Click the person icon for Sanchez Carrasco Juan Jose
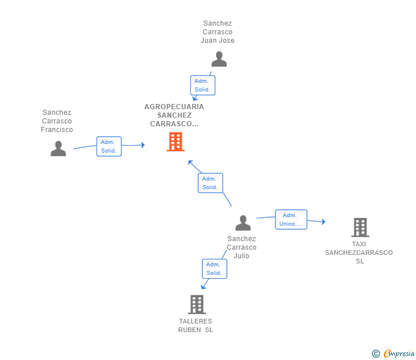click(219, 59)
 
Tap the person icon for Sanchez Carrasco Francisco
click(58, 149)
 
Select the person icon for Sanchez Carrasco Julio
click(243, 223)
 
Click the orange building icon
click(175, 142)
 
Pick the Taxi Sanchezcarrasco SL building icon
click(359, 227)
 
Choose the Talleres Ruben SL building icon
click(197, 305)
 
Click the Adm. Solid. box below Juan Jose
click(202, 85)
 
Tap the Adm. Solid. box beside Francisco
click(109, 146)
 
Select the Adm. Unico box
click(291, 219)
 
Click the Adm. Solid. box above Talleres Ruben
click(214, 269)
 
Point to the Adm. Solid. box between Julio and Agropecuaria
click(210, 183)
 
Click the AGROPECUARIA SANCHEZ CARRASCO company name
click(174, 115)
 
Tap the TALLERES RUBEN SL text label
click(195, 325)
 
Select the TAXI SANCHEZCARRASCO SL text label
click(359, 252)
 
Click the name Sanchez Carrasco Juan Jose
click(218, 32)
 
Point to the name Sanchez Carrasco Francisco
click(57, 121)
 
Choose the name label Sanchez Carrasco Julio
click(242, 247)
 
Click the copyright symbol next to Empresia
click(376, 354)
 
